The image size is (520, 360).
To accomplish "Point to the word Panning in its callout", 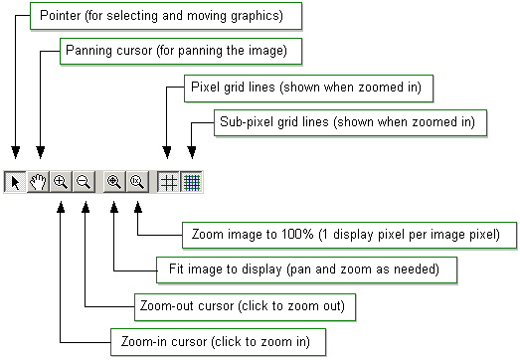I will (x=87, y=49).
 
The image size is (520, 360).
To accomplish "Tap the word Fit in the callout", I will (x=171, y=270).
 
